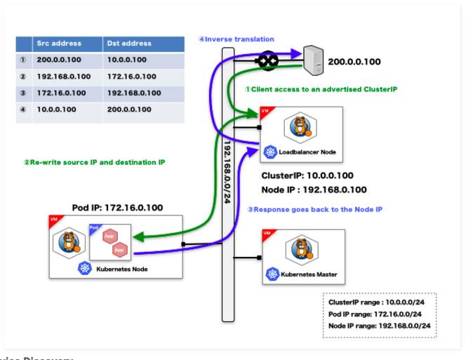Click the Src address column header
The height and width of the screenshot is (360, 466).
[59, 44]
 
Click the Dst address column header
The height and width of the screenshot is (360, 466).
[129, 44]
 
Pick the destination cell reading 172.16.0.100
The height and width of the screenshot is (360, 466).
[132, 76]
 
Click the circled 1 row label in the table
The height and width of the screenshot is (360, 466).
[23, 60]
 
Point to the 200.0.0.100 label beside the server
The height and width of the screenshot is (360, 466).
[354, 62]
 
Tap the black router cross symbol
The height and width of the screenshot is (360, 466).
[267, 61]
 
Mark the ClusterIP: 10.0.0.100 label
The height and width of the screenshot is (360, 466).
[307, 176]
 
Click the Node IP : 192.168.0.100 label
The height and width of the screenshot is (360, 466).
[314, 189]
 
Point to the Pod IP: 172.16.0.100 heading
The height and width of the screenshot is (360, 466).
[117, 208]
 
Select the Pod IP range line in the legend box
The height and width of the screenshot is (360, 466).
[375, 314]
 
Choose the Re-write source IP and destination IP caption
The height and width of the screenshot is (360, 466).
[94, 162]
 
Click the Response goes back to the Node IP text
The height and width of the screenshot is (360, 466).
[314, 209]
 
